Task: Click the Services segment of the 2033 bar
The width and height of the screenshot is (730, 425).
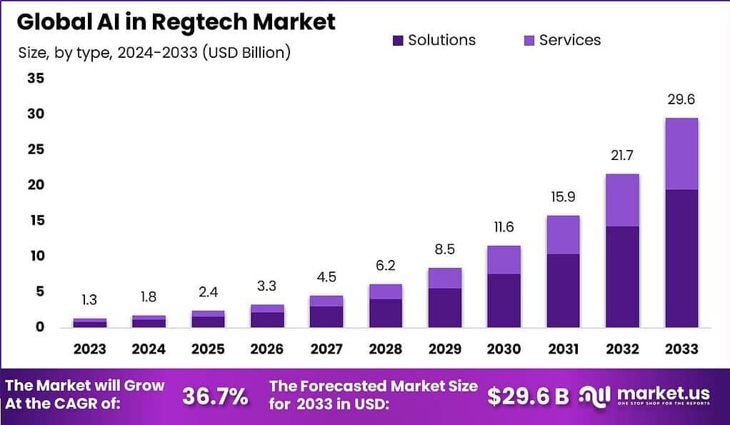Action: point(681,154)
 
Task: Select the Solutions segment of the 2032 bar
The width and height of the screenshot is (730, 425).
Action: point(622,276)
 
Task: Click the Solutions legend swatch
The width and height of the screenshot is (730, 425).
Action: point(399,41)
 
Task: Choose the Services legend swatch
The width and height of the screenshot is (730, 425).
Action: point(529,41)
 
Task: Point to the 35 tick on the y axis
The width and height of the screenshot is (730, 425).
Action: point(36,79)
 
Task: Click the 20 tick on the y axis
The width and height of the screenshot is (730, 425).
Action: point(36,185)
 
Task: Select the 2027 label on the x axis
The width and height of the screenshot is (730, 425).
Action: point(325,349)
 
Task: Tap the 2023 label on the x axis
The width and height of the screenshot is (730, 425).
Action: point(90,349)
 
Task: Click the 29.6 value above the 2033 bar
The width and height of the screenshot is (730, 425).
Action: point(681,101)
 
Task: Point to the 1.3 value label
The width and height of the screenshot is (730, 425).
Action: point(90,301)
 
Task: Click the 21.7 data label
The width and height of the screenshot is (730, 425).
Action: point(622,156)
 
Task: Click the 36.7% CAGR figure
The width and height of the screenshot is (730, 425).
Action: point(215,396)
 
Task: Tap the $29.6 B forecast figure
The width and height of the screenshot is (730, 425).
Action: point(528,396)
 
